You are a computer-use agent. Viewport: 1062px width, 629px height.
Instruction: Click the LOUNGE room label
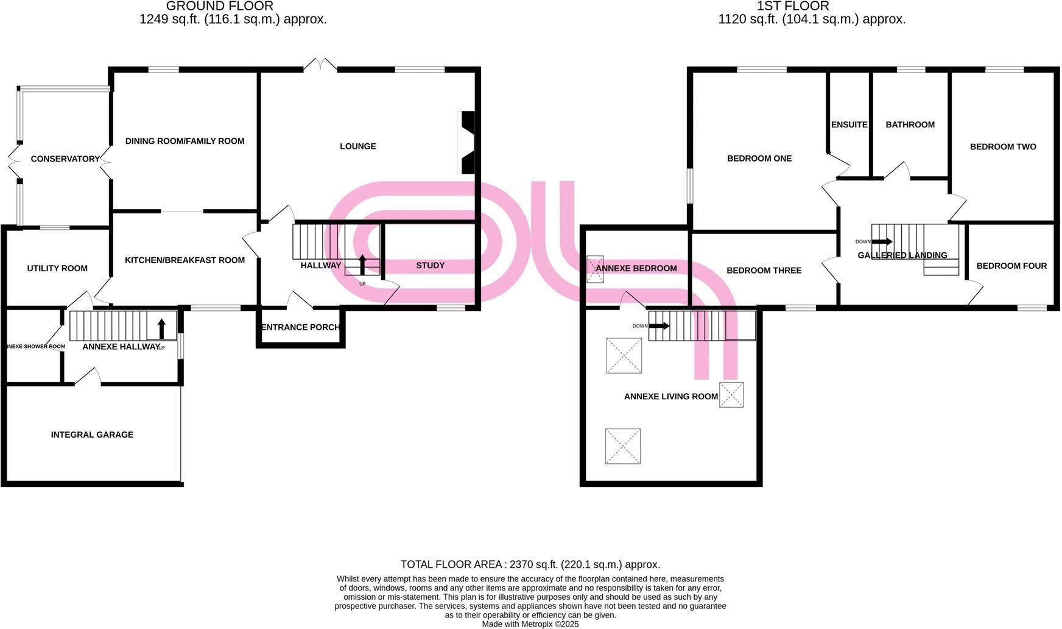357,146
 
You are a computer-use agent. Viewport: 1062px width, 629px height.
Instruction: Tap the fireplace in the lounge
467,143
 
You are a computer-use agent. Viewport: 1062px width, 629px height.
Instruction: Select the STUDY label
430,265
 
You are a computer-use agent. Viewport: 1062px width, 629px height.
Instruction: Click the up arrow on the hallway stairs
362,265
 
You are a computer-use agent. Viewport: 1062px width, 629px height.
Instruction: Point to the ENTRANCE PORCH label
300,327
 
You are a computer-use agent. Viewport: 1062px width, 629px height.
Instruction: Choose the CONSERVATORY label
65,159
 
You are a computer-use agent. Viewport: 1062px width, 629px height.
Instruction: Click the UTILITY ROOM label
57,268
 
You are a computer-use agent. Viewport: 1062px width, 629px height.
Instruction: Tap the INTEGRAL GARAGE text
92,435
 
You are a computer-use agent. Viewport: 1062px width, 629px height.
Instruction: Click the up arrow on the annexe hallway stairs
161,329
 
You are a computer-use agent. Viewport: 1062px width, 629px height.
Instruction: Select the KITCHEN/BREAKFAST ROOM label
185,260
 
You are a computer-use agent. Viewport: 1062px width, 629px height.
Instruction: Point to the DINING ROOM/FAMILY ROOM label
185,141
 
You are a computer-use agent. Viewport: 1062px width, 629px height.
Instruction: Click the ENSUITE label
849,125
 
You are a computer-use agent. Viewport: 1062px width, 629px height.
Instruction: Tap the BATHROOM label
910,125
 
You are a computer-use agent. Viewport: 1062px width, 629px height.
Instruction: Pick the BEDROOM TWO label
1002,147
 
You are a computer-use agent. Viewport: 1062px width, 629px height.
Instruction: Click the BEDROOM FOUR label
1011,266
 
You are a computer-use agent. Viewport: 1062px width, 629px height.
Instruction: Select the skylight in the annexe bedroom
595,269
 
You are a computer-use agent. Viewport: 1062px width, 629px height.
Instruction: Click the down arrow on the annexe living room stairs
659,326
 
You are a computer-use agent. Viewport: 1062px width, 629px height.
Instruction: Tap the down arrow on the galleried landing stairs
882,242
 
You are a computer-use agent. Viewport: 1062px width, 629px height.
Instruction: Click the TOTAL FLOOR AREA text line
530,564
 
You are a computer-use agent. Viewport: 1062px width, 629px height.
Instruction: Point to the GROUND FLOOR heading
219,6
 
